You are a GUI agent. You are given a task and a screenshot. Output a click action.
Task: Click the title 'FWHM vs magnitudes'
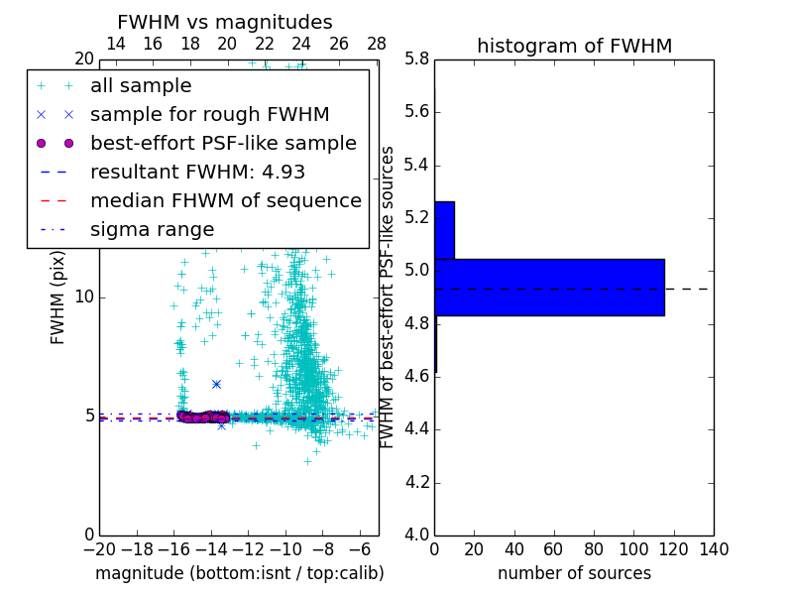225,22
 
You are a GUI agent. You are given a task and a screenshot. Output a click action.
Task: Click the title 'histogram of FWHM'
574,46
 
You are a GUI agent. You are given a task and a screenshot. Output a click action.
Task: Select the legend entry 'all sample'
141,86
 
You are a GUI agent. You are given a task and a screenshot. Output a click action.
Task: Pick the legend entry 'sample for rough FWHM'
209,115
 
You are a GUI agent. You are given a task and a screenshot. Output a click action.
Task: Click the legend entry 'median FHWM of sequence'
225,200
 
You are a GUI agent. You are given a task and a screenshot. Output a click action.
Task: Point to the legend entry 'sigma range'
152,229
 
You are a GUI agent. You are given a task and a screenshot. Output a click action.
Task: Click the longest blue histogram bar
549,287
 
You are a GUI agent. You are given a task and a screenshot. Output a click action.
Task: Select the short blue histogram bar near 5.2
444,230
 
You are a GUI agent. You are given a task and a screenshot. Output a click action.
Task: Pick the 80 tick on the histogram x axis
594,548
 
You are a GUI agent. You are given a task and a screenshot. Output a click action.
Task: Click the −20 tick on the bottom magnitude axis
99,548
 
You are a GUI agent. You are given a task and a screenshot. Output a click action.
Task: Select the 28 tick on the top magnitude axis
377,45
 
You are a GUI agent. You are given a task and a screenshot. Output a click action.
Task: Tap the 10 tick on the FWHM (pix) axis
84,297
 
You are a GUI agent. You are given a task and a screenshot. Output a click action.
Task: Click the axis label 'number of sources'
574,573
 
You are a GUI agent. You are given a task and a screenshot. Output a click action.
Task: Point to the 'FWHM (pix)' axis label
58,297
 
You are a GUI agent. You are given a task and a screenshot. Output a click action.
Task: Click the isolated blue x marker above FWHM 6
216,384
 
